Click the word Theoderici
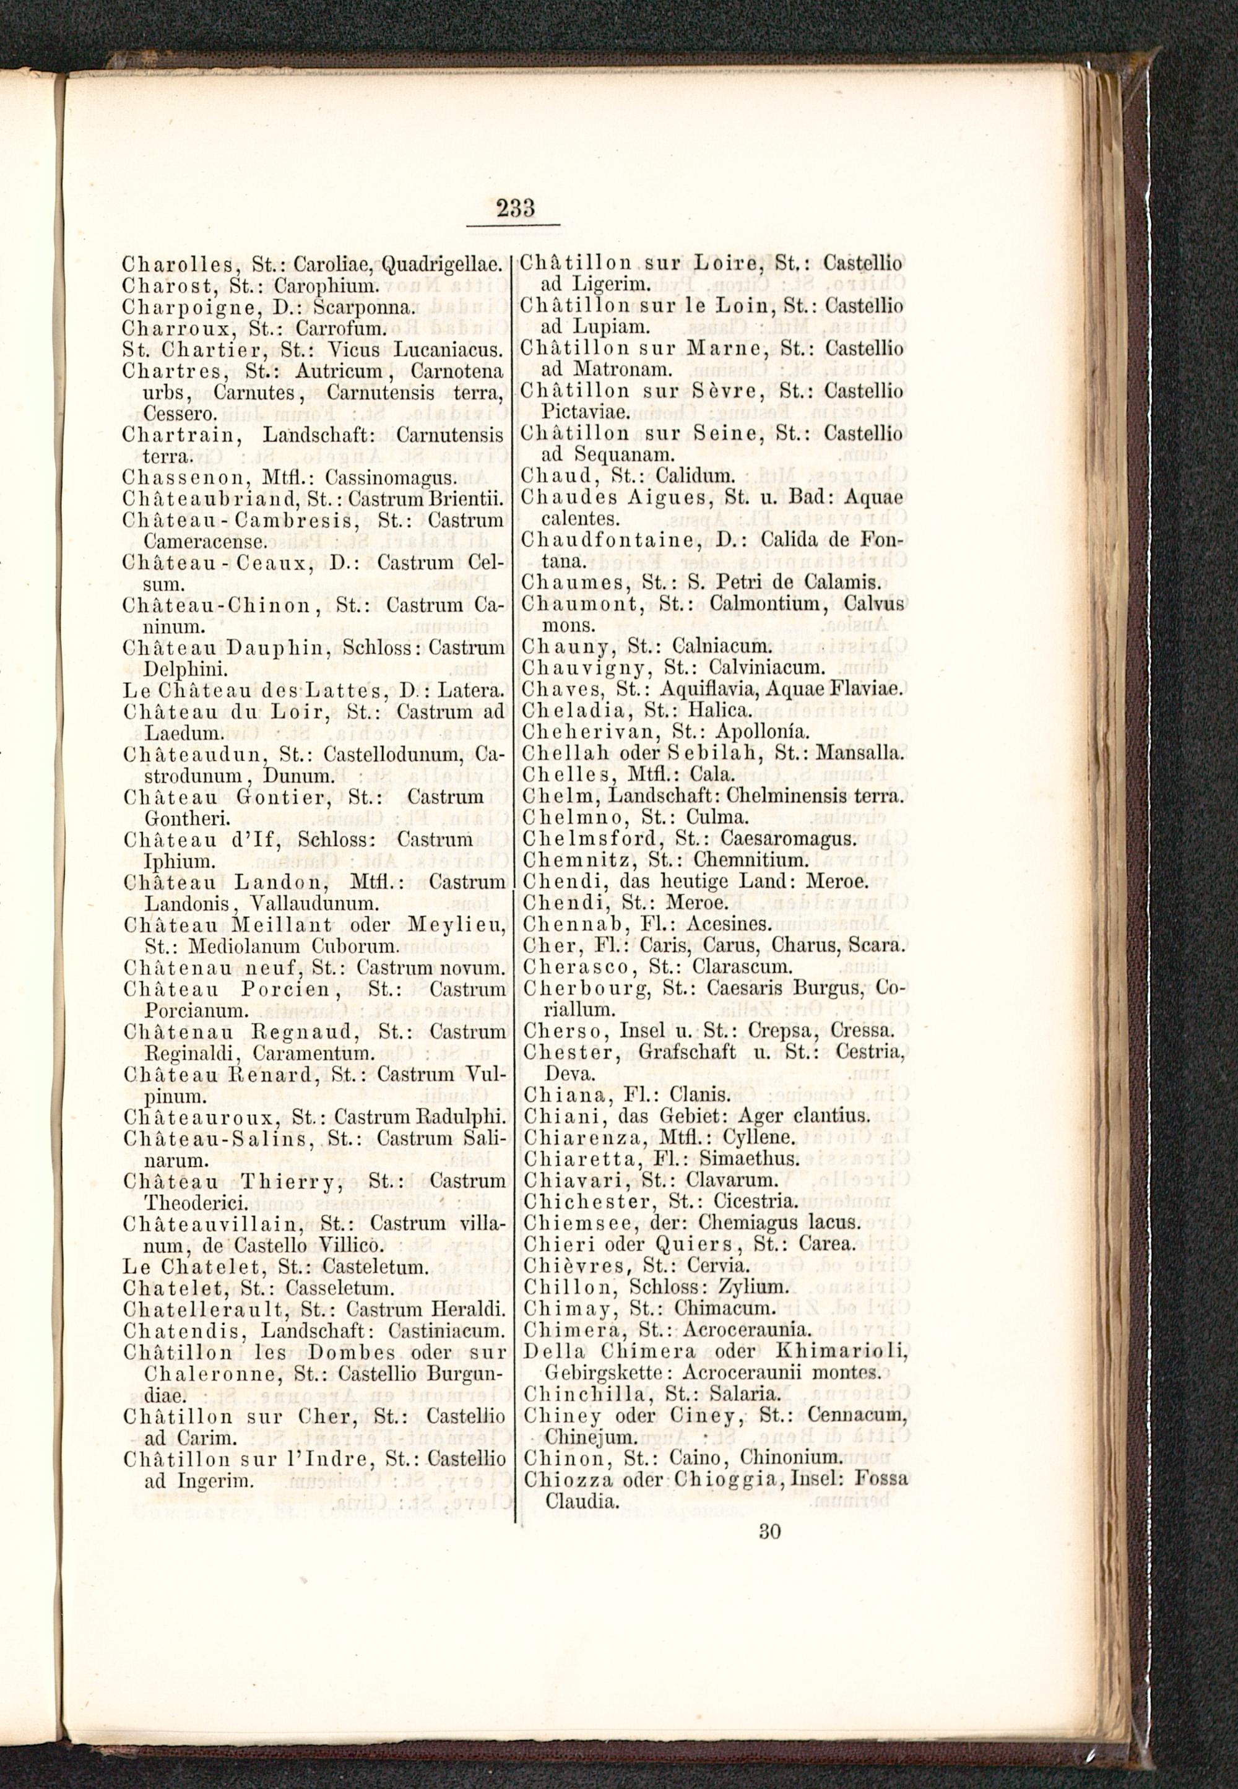196,1203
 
